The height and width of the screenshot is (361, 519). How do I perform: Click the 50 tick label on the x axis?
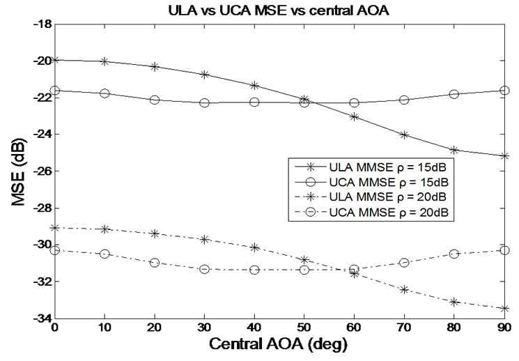point(304,328)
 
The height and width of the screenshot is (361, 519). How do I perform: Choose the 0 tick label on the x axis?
point(55,328)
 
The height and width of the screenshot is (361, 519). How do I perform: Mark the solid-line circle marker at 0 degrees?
point(55,91)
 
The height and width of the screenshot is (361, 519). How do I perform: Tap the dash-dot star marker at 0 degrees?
point(55,227)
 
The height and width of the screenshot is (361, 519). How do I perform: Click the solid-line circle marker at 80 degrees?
point(454,94)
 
